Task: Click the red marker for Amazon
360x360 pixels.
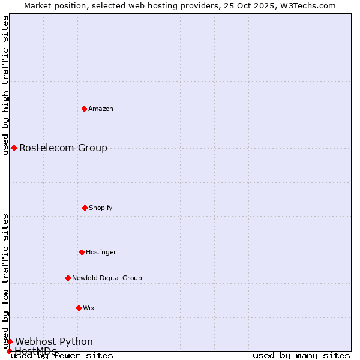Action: pos(84,109)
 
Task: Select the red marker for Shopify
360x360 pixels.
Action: pos(85,208)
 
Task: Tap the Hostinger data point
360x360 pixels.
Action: pos(82,252)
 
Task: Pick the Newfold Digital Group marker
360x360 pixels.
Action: pos(68,278)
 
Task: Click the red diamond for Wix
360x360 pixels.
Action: pos(79,308)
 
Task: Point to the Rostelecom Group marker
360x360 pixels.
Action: pos(14,148)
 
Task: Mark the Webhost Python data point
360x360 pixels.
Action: pos(10,341)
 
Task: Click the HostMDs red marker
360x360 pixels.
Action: pos(9,351)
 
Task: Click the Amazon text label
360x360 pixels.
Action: pos(101,109)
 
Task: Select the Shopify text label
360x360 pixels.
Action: pos(101,208)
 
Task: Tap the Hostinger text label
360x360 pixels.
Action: pos(101,252)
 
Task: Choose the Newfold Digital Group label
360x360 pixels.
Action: pos(107,278)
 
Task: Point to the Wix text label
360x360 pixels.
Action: pos(89,308)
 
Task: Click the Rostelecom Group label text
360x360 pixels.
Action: pos(63,148)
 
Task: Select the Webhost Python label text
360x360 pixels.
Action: pos(54,341)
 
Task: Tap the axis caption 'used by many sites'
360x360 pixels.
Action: pos(301,355)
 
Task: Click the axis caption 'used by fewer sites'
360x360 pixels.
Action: pos(62,355)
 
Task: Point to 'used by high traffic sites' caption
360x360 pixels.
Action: pos(5,85)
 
